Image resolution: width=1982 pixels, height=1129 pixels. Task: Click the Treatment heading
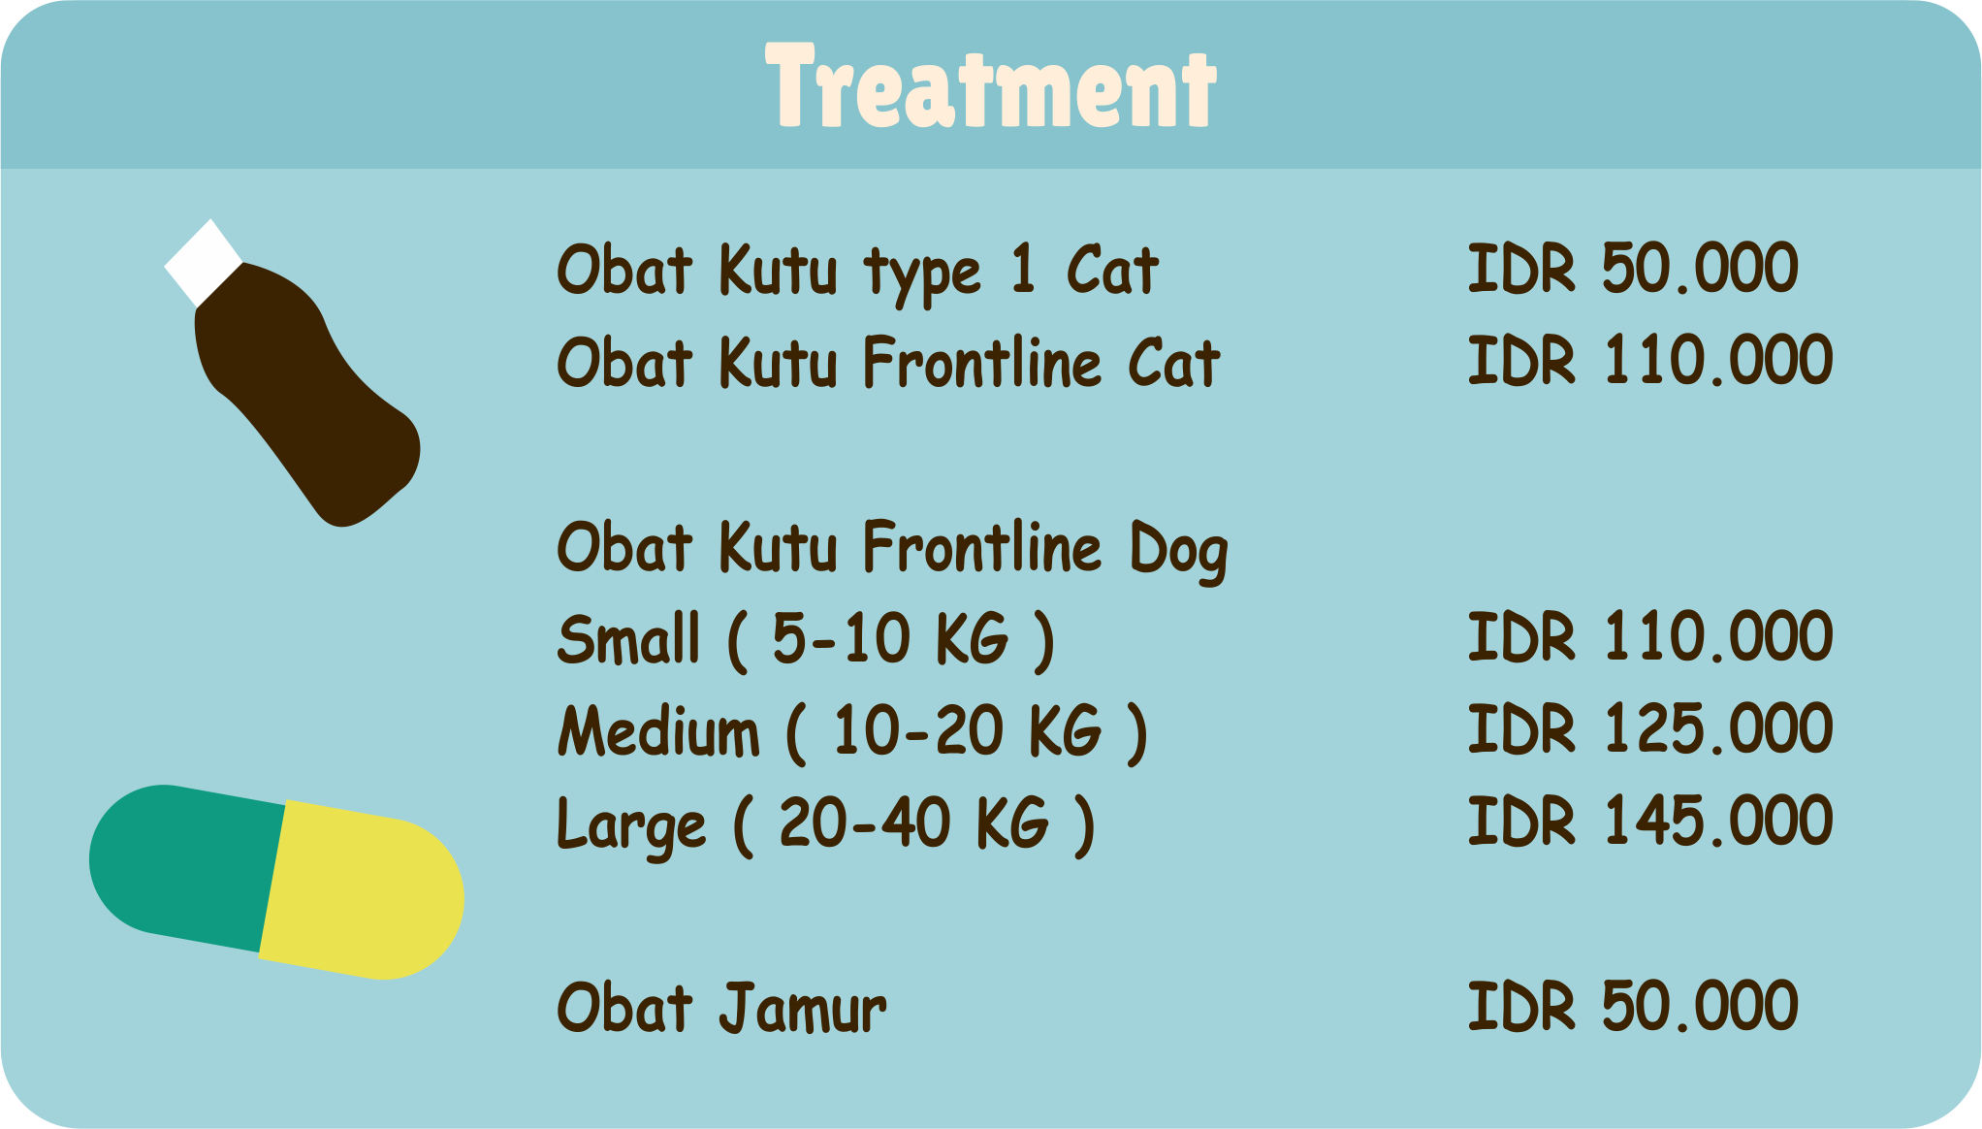[x=991, y=87]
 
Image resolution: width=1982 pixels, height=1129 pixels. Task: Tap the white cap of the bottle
[x=204, y=262]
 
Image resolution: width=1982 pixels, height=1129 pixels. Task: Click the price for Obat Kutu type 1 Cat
[x=1633, y=269]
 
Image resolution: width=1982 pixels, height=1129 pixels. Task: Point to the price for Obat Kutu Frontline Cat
[x=1649, y=361]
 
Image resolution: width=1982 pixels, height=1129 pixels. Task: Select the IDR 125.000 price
[x=1649, y=729]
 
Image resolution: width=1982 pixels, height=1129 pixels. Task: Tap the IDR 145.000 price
[x=1649, y=822]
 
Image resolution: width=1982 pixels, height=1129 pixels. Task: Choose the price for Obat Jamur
[x=1633, y=1006]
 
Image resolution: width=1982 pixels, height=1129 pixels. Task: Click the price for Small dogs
[x=1649, y=637]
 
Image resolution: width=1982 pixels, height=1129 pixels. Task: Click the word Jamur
[x=803, y=1009]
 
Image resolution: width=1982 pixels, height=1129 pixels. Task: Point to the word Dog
[x=1178, y=550]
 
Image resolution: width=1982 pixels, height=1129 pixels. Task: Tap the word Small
[x=628, y=639]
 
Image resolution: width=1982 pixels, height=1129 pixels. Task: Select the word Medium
[x=659, y=731]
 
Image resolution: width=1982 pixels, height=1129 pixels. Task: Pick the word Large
[x=631, y=825]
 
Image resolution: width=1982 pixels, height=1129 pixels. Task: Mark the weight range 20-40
[x=864, y=823]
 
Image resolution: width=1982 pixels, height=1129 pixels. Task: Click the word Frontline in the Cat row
[x=982, y=363]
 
